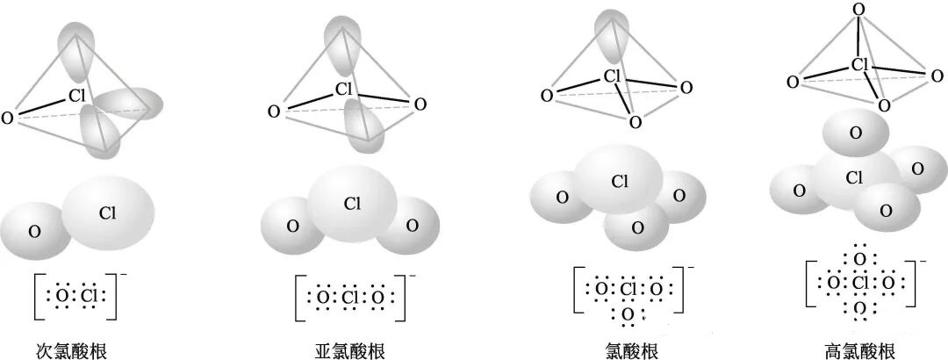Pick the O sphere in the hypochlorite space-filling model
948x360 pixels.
tap(35, 231)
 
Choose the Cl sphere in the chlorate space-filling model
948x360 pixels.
tap(621, 181)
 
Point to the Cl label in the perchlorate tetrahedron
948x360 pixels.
tap(860, 64)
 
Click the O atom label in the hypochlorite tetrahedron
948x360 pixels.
tap(8, 117)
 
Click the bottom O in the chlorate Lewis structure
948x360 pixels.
tap(627, 313)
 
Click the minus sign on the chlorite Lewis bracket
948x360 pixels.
tap(413, 275)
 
